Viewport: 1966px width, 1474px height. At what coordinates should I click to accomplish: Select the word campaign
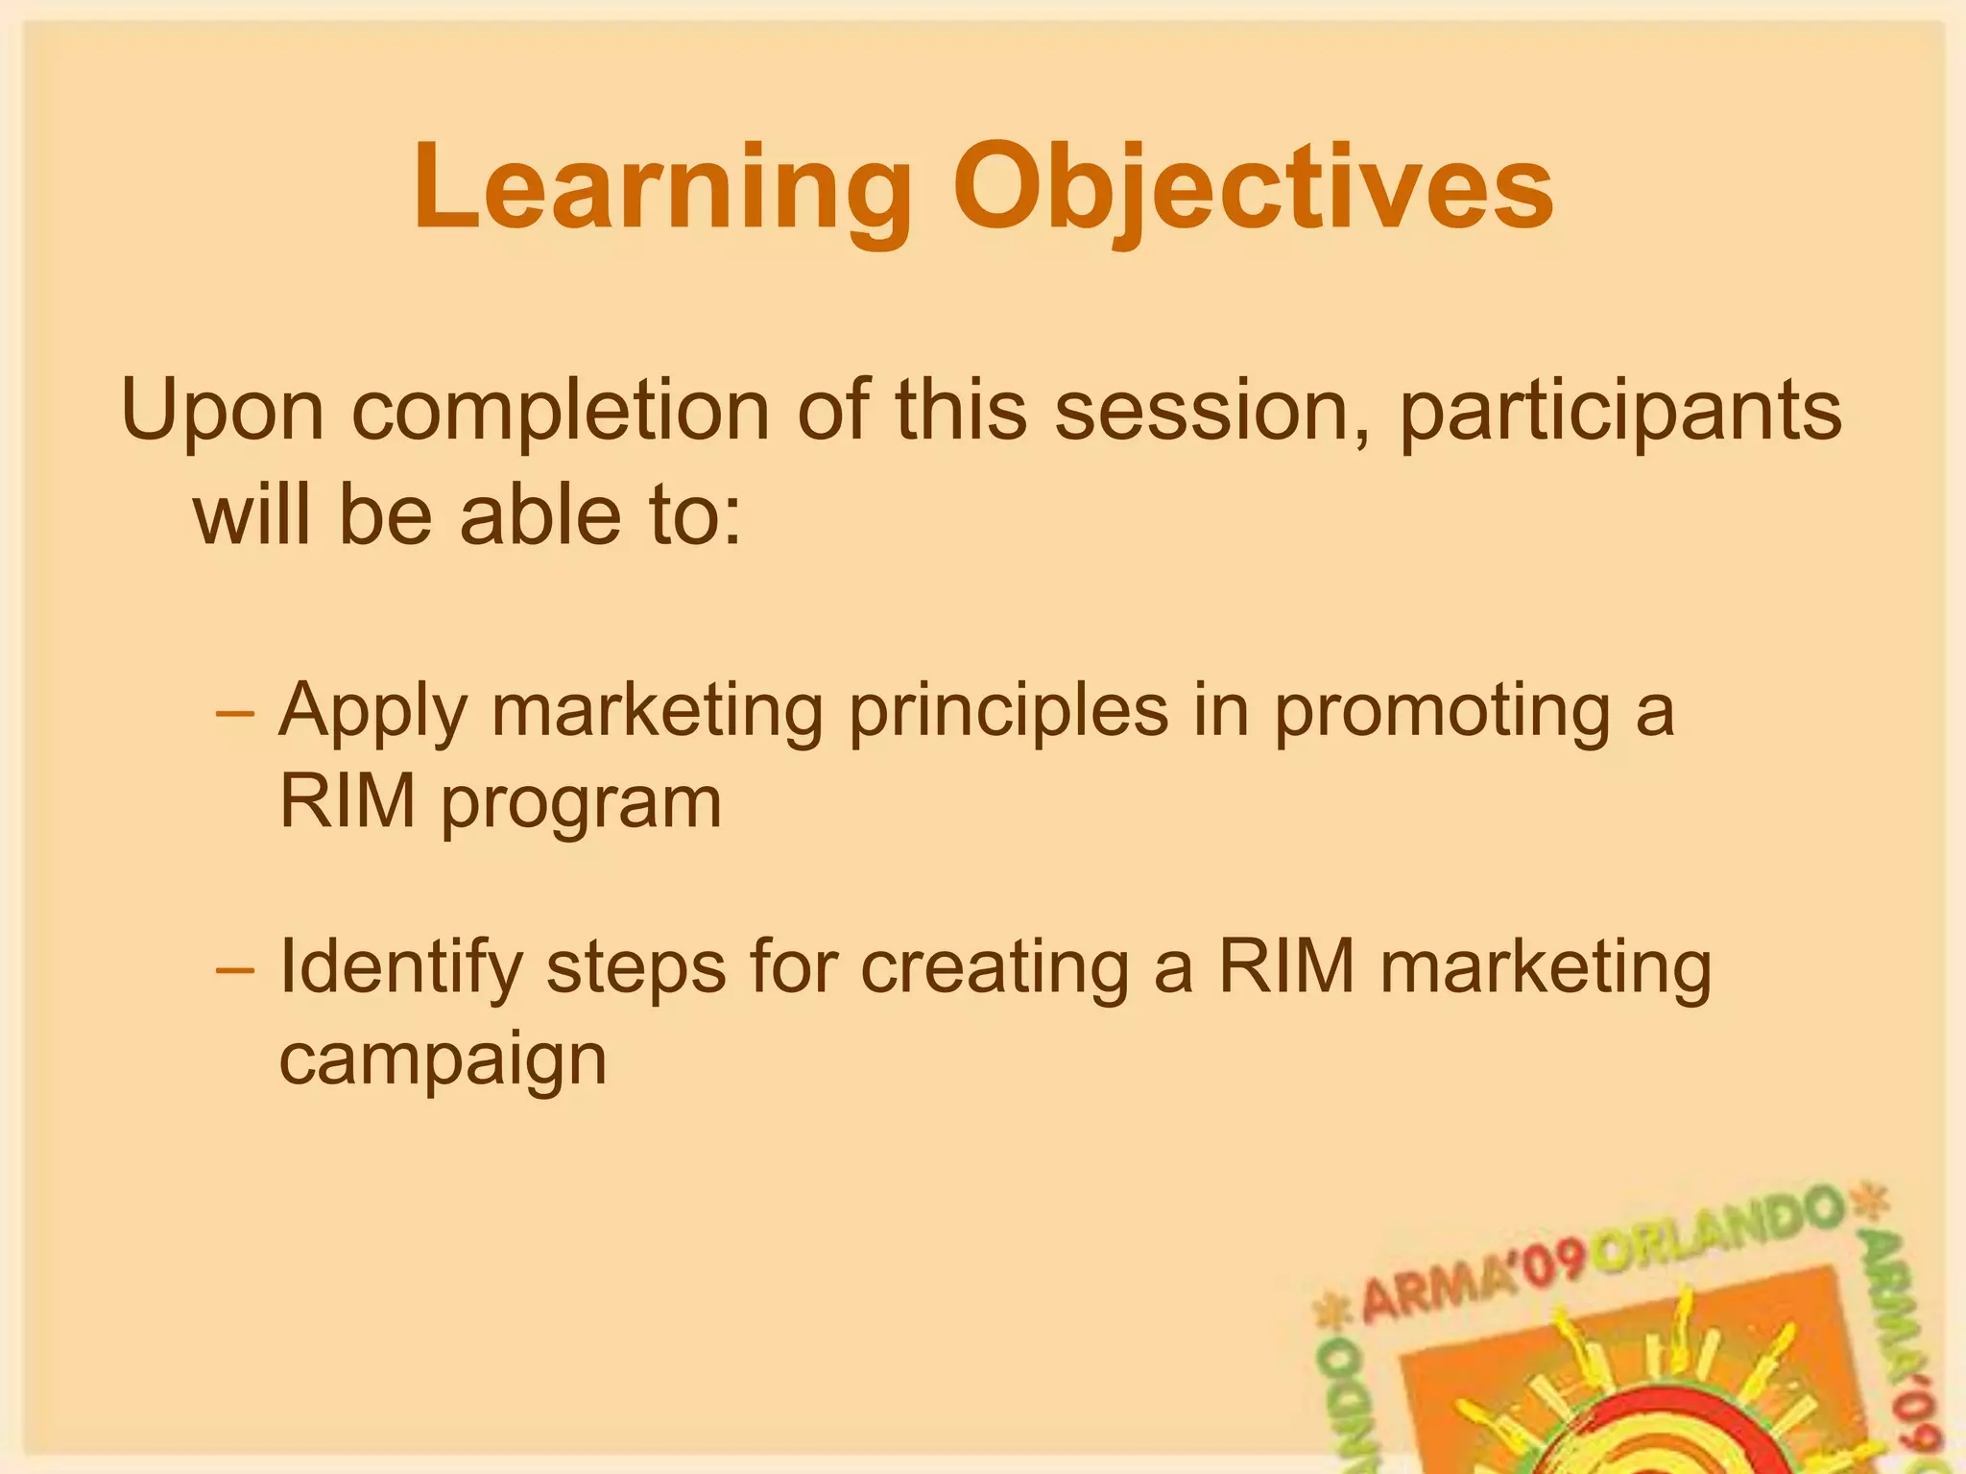tap(443, 1061)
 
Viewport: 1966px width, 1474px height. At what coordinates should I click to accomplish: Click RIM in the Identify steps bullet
tap(1286, 967)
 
